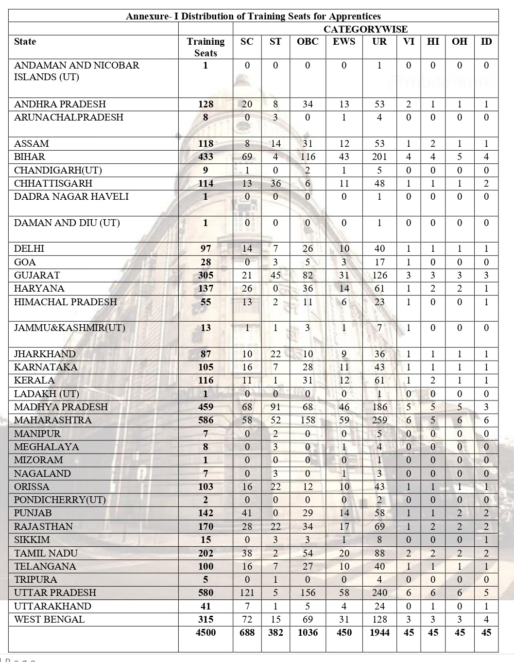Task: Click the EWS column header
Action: click(344, 42)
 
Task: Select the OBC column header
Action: click(308, 42)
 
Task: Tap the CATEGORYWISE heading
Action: click(365, 29)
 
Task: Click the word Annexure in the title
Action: click(146, 16)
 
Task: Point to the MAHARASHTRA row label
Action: click(52, 420)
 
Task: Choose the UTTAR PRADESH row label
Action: click(55, 593)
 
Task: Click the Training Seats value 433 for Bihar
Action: click(206, 157)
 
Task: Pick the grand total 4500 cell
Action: click(206, 633)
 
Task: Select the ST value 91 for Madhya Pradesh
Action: click(275, 407)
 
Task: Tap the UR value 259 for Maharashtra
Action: click(379, 420)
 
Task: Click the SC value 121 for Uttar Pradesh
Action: click(247, 593)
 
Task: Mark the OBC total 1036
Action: click(308, 633)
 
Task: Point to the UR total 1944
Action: click(379, 633)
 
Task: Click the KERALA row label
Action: click(34, 381)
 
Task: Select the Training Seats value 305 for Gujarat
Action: click(206, 276)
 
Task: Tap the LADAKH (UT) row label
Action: click(46, 394)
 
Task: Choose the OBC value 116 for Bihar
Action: click(308, 157)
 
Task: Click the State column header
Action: click(25, 42)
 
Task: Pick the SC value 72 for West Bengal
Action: click(247, 620)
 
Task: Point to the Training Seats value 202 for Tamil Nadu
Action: click(206, 554)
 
